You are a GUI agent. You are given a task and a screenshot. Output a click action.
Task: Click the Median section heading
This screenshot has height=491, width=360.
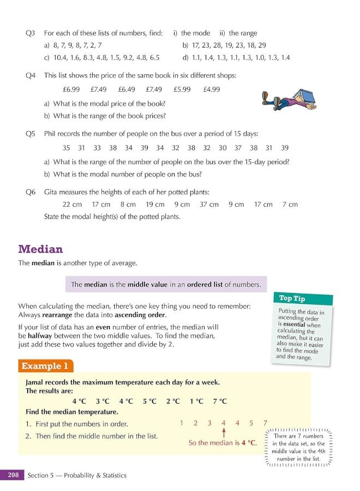pyautogui.click(x=40, y=249)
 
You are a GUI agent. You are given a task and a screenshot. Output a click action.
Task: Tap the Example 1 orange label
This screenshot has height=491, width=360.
pyautogui.click(x=46, y=366)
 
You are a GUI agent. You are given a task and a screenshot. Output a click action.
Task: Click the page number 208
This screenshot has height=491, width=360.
pyautogui.click(x=13, y=475)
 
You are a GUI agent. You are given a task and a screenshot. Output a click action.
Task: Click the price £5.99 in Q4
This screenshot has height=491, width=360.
pyautogui.click(x=182, y=89)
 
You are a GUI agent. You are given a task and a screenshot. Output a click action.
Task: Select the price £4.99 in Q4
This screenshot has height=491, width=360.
pyautogui.click(x=211, y=89)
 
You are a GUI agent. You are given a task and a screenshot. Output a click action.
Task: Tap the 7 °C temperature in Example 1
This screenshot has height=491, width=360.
pyautogui.click(x=220, y=401)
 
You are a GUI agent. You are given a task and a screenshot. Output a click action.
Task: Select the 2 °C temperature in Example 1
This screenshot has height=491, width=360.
pyautogui.click(x=173, y=401)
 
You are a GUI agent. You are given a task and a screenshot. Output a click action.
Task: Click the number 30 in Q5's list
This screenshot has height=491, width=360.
pyautogui.click(x=223, y=148)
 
